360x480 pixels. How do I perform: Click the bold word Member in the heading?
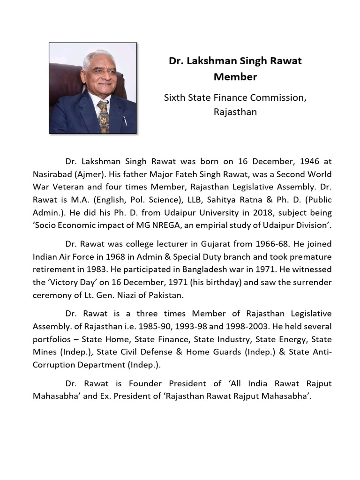click(235, 76)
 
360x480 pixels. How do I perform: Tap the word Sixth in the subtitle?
click(174, 97)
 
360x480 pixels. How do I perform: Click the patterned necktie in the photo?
click(103, 115)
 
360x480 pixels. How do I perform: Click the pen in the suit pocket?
click(125, 120)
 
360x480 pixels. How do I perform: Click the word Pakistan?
click(165, 295)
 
